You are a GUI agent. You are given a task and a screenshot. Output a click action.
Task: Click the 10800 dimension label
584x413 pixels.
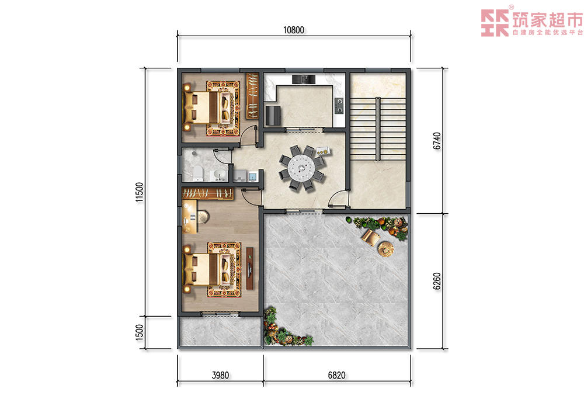tap(294, 30)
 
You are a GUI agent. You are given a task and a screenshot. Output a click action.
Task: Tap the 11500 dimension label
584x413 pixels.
tap(140, 192)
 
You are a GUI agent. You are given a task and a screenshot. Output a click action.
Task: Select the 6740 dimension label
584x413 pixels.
tap(437, 141)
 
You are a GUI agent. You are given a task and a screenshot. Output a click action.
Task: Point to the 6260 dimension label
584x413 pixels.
tap(437, 281)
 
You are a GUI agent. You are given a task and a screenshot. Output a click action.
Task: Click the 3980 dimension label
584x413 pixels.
tap(220, 375)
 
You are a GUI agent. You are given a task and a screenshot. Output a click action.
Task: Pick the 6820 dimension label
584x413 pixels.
tap(336, 375)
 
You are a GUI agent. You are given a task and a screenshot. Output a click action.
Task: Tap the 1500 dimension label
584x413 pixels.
tap(140, 332)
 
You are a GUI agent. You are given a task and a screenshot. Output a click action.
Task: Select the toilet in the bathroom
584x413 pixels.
tap(198, 173)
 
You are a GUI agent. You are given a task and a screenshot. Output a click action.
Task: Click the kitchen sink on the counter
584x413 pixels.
tap(304, 79)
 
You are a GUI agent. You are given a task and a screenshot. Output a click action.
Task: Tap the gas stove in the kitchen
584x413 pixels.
tap(339, 105)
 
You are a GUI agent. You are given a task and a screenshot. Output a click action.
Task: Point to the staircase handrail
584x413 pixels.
tap(378, 129)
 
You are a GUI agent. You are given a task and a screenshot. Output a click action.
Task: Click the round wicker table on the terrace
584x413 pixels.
tap(386, 249)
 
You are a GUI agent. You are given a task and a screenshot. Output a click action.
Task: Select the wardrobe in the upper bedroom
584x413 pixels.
tap(252, 96)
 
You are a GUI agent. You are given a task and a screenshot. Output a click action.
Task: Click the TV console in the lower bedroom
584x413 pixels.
tap(250, 268)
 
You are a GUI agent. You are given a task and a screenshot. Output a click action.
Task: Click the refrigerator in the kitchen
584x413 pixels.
tap(273, 116)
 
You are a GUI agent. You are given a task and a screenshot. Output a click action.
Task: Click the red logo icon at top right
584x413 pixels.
tap(495, 23)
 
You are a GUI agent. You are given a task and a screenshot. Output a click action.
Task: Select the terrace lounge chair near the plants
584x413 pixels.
tap(370, 237)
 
